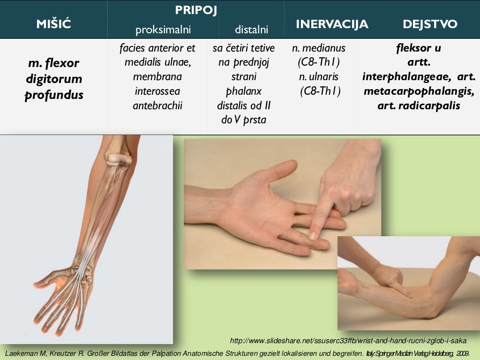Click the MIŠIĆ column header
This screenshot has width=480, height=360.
53,24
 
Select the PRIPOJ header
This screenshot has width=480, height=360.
196,10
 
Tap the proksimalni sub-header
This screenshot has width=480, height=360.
163,30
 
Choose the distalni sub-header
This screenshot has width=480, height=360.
251,30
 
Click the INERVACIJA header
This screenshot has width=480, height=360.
332,24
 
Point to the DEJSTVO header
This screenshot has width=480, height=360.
430,24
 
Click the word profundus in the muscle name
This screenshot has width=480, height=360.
54,95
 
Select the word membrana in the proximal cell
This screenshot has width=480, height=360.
157,76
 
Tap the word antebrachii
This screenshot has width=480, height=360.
157,105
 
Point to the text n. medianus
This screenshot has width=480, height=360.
319,48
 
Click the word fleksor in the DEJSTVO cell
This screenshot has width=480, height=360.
419,48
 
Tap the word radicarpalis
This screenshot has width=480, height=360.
430,105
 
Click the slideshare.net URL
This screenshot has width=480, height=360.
348,341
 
